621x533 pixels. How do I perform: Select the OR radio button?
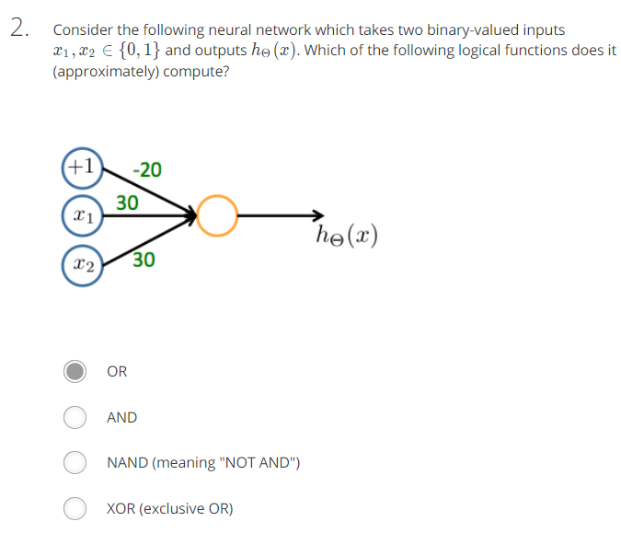click(x=75, y=372)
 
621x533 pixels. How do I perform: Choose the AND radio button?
click(x=75, y=417)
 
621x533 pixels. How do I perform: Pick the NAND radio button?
click(x=75, y=462)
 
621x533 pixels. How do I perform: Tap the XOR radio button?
click(x=75, y=507)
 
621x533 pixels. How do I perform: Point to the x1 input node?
click(x=82, y=218)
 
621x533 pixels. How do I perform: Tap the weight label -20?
click(x=147, y=169)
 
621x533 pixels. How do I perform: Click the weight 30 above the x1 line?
click(x=128, y=202)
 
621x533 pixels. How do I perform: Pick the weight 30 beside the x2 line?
click(x=144, y=261)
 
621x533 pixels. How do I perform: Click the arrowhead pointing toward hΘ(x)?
click(x=318, y=217)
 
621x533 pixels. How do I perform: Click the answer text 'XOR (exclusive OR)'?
click(x=170, y=508)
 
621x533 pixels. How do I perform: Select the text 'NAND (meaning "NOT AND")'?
click(x=202, y=462)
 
